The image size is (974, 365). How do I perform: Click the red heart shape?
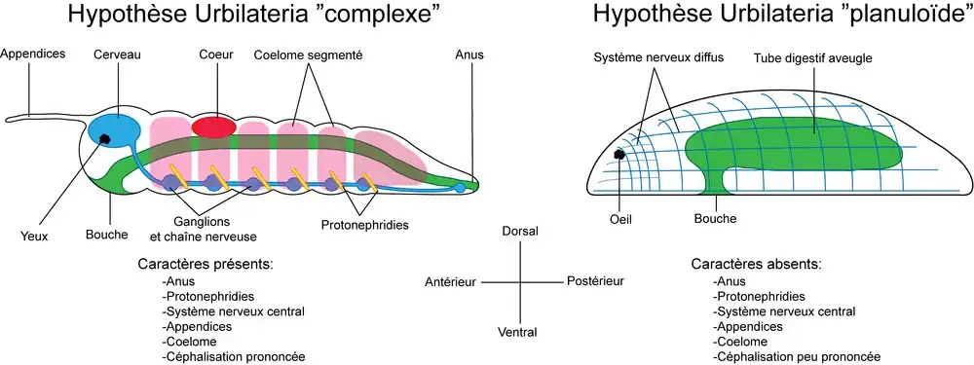213,126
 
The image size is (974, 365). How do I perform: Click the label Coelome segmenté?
308,55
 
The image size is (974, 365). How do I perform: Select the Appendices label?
32,54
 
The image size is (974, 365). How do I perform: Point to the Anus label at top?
469,55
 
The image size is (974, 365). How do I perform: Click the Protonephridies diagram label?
365,225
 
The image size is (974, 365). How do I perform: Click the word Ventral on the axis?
517,332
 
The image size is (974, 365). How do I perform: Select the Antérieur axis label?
450,282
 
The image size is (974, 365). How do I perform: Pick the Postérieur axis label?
595,281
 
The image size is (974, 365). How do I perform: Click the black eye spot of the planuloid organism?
618,155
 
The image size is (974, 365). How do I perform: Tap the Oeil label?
621,219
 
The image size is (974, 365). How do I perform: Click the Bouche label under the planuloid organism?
716,218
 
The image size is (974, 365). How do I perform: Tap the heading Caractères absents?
756,264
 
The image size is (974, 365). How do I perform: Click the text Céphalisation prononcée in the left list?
233,357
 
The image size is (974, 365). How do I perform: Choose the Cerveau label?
118,55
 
